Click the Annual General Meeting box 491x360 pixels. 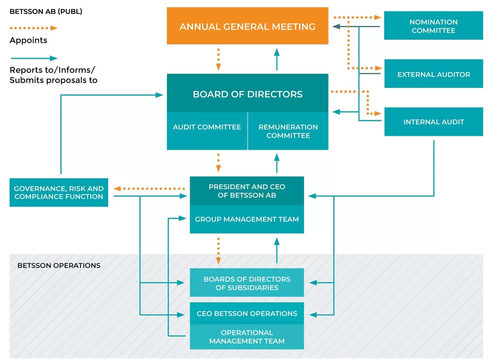[247, 26]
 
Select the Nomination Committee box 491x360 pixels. [433, 26]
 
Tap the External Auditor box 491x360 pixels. [433, 74]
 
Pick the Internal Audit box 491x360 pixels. [433, 122]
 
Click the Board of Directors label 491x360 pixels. [247, 94]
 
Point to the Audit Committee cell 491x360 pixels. [207, 127]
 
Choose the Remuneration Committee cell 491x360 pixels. [288, 131]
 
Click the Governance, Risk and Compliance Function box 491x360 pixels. [59, 192]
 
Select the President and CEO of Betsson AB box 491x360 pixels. [247, 191]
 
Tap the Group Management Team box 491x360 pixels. [247, 219]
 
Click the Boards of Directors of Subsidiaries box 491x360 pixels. [247, 283]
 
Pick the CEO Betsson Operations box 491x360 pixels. [247, 313]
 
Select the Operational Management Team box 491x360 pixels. [247, 337]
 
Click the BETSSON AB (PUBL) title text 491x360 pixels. [46, 11]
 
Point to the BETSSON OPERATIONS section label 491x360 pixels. [59, 265]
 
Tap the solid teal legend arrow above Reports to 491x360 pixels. [34, 58]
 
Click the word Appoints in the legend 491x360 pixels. [28, 40]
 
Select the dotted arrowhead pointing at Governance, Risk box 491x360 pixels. [117, 189]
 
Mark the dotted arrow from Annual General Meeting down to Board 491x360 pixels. [218, 59]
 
